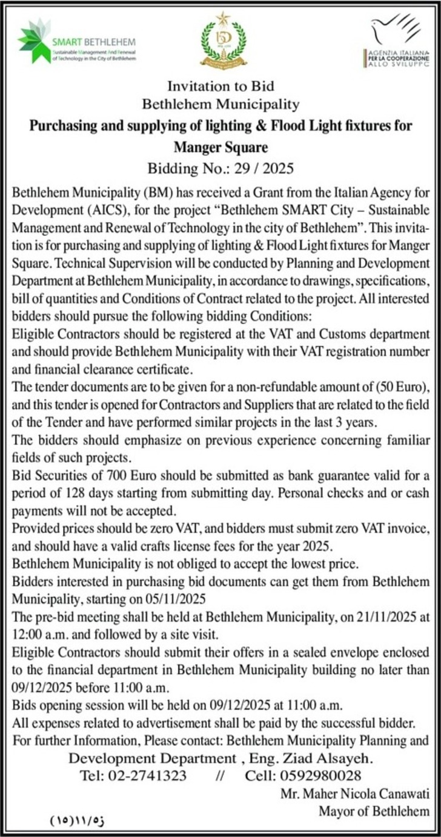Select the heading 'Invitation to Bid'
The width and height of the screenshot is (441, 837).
(x=220, y=86)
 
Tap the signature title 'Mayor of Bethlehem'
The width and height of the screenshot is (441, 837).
(x=374, y=810)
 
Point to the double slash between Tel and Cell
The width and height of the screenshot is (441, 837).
(x=220, y=776)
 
